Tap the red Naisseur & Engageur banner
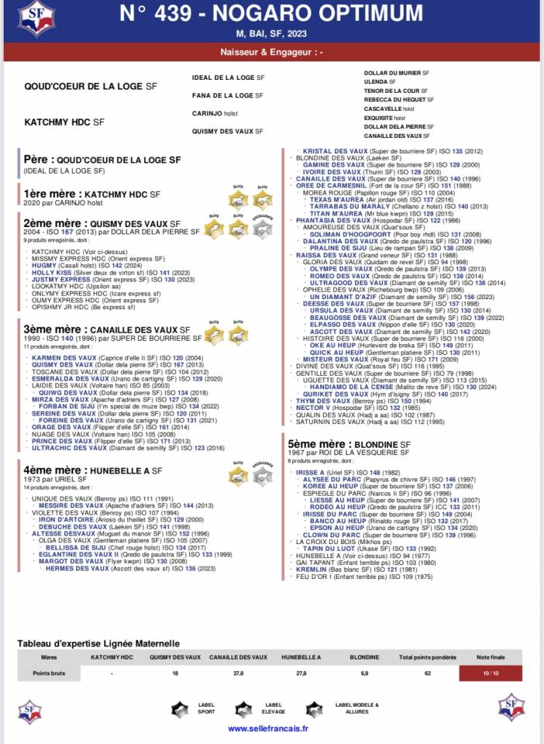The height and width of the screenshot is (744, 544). coord(271,53)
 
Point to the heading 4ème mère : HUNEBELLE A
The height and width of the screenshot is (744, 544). coord(93,470)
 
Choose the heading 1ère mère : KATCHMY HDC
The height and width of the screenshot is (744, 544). coord(92,194)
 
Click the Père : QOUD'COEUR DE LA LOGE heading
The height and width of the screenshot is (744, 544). coord(102,159)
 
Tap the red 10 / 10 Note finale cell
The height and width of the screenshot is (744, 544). coord(491,673)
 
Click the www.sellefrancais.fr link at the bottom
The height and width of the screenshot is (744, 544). coord(269,728)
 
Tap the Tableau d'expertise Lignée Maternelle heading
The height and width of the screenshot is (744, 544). coord(98,643)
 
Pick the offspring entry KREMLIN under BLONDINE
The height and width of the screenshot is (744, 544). coord(312,569)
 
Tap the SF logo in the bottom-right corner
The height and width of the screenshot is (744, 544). coord(511,708)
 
